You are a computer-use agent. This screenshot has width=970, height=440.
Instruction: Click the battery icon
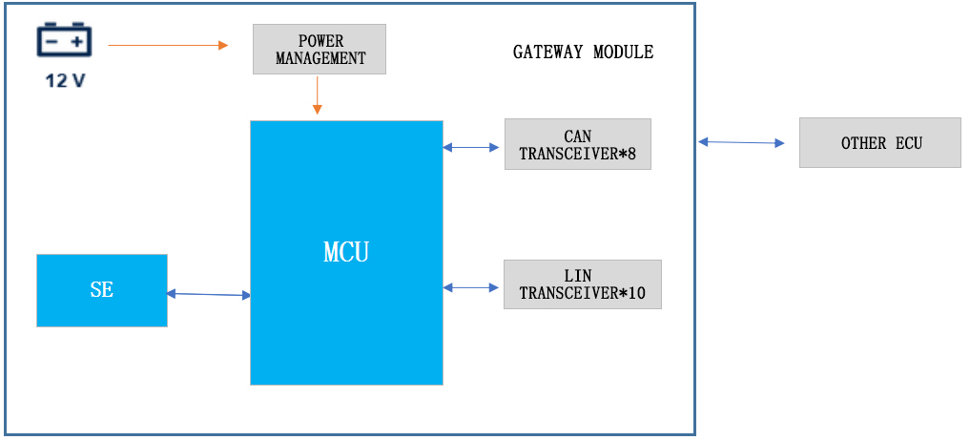65,41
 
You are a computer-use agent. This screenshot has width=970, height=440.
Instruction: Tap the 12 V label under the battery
65,80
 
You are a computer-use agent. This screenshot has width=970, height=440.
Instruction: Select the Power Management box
320,50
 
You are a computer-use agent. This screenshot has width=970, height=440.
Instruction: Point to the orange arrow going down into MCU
317,95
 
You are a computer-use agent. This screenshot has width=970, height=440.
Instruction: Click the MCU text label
346,253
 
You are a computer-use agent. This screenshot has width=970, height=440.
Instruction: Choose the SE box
102,290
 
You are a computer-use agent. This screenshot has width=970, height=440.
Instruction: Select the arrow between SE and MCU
209,295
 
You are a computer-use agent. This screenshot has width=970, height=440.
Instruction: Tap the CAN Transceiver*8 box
577,144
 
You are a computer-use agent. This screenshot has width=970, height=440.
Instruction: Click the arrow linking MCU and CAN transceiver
472,147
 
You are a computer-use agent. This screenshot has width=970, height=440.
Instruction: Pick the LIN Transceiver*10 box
582,284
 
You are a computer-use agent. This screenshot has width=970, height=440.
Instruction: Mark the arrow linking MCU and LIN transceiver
472,286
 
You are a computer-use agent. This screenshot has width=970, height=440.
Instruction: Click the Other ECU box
880,143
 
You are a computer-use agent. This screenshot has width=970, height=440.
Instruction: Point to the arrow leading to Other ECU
741,142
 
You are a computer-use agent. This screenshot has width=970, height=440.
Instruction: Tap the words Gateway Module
583,52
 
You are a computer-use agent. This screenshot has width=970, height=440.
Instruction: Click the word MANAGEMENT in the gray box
320,58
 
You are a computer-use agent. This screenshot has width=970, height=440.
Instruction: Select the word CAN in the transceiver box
578,136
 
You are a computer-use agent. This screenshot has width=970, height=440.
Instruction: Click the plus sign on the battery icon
76,42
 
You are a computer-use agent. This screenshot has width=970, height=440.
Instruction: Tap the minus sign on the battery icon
52,42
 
